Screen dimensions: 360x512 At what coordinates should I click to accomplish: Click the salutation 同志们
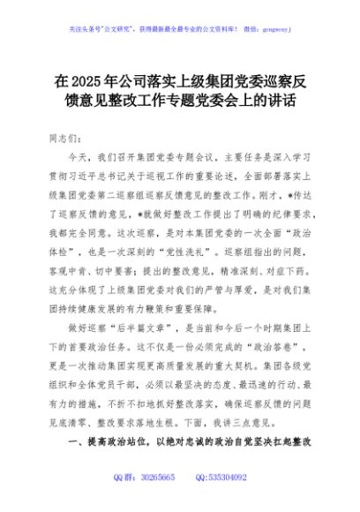tap(71, 139)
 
